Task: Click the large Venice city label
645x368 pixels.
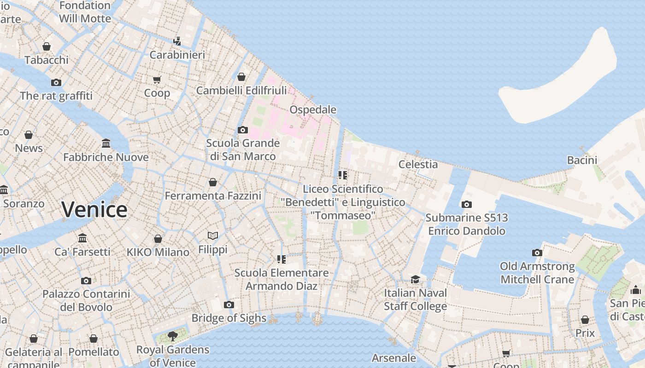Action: pos(94,210)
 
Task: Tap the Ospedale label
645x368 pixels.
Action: pos(313,110)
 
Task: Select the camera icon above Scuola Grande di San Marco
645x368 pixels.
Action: pos(243,130)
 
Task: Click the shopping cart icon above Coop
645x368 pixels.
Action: pos(157,80)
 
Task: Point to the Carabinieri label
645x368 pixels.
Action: pos(177,55)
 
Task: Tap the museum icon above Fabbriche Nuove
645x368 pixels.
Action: pos(106,144)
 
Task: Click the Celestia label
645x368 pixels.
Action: pos(418,164)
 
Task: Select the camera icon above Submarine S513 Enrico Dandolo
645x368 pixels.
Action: pos(467,205)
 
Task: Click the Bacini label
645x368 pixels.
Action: pos(582,161)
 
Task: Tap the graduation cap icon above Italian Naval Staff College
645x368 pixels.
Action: pos(416,280)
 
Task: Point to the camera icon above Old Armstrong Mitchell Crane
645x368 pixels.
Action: pos(537,253)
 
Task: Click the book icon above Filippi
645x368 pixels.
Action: pos(213,236)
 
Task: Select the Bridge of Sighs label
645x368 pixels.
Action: pos(229,318)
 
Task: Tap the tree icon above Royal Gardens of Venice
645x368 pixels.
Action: pos(173,336)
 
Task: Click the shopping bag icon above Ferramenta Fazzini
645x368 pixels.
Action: pos(213,183)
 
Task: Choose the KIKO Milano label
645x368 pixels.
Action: pos(158,252)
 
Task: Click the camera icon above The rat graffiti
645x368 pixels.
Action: pos(56,83)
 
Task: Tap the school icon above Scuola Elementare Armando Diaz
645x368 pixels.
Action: pos(281,259)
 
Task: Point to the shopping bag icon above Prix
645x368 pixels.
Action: pos(585,320)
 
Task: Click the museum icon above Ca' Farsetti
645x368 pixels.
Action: pos(82,238)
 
